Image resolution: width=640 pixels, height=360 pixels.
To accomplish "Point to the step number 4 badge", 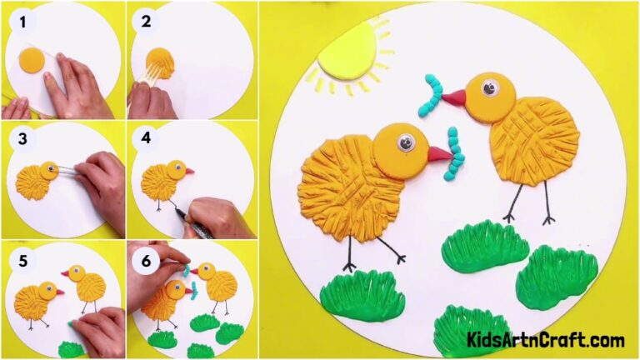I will [146, 139].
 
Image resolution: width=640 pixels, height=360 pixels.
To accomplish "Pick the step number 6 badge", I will [146, 260].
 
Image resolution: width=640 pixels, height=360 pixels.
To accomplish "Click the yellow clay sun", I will [348, 52].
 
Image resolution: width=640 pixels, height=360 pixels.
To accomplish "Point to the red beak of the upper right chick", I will [453, 98].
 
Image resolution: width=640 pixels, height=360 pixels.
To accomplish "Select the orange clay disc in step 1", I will [32, 61].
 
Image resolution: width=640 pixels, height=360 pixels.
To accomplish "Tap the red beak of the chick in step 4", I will [190, 172].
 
